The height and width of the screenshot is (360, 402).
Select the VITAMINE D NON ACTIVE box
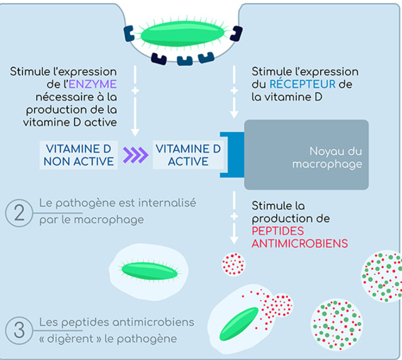coord(79,155)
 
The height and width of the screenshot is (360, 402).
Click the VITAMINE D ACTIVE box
coord(187,155)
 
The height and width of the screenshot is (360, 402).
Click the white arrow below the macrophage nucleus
coord(234,220)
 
